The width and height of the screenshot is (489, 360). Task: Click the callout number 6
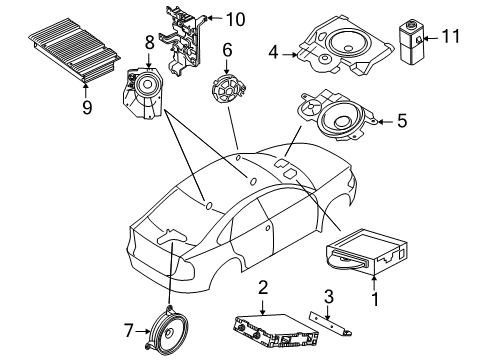227,49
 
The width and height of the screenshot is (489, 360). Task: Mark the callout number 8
148,43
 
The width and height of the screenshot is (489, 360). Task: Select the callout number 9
87,107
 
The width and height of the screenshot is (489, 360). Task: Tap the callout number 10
235,19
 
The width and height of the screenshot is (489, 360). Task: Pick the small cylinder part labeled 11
412,39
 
